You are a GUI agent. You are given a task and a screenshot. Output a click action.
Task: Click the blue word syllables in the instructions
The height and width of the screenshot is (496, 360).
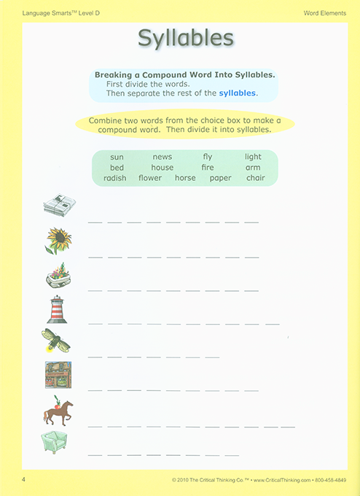tap(238, 93)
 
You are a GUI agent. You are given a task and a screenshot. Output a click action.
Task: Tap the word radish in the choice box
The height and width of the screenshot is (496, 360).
tap(114, 178)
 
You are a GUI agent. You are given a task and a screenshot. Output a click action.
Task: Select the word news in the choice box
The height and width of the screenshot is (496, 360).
tap(162, 157)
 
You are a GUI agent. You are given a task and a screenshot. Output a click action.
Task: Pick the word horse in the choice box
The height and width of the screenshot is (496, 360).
tap(185, 178)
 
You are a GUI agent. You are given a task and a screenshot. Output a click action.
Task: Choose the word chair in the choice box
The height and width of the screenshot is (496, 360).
tap(255, 178)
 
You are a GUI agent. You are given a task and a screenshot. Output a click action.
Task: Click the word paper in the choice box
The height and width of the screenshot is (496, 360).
tap(220, 178)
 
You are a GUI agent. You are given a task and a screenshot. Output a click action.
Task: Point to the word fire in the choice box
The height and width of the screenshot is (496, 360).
tap(208, 167)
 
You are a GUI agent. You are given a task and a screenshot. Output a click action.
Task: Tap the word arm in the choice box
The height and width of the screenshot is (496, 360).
tap(253, 167)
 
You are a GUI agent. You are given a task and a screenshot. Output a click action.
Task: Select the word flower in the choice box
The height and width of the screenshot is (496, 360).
tap(150, 178)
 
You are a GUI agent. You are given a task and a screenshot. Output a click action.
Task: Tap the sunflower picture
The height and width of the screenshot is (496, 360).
tap(58, 240)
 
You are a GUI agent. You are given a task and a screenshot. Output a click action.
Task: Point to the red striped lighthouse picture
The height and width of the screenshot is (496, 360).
tap(57, 309)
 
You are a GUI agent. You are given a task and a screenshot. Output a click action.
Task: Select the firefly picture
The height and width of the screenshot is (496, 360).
tap(56, 341)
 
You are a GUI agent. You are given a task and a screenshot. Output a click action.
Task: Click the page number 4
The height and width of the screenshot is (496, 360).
tap(24, 479)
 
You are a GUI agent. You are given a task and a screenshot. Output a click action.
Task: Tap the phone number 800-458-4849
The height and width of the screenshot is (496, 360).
tap(334, 480)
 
